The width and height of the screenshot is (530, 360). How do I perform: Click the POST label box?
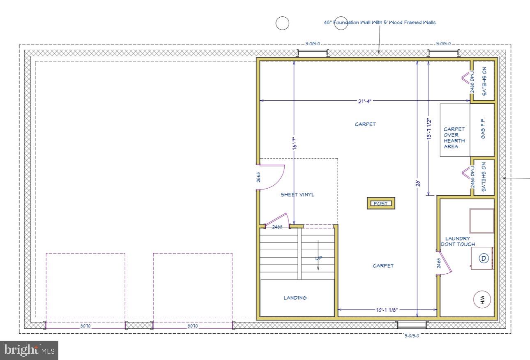coord(380,203)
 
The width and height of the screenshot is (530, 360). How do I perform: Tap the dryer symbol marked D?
coord(484,258)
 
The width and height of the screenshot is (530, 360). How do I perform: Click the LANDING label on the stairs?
coord(295,298)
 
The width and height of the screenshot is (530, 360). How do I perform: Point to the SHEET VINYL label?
coord(297,194)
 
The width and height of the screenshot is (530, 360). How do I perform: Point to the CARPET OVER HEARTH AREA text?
coord(454,138)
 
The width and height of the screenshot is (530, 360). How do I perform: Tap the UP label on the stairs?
coord(318,258)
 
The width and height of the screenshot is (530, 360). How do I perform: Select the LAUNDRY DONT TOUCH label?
coord(458,241)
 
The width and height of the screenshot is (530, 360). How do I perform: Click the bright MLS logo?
coord(29,350)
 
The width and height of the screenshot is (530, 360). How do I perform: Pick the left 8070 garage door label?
coord(85,326)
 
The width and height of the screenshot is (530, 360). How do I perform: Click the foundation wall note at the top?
coord(380,23)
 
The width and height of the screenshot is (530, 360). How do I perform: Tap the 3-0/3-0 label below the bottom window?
coord(412,335)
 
